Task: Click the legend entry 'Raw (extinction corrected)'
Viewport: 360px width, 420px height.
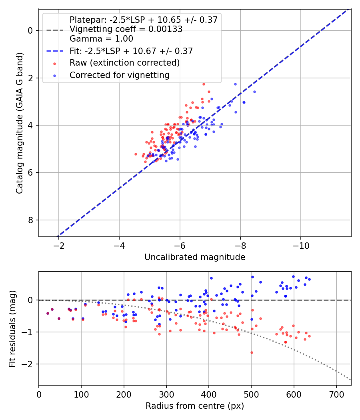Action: (124, 63)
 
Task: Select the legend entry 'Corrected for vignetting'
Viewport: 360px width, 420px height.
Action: (120, 75)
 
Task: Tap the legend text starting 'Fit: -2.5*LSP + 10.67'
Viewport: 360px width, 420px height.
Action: (131, 51)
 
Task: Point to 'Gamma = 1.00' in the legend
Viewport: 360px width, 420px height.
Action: (101, 39)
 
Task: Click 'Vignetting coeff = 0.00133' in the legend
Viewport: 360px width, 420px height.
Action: (126, 29)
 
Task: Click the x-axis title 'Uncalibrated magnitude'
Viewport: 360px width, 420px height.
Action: (195, 257)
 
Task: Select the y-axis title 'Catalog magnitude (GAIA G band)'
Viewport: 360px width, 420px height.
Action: (20, 123)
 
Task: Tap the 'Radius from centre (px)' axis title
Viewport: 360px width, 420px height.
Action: (195, 406)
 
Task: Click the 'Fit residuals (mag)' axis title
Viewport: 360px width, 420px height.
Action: (12, 328)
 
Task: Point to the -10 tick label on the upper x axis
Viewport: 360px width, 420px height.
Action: (301, 246)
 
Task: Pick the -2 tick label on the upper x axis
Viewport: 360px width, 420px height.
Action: (59, 246)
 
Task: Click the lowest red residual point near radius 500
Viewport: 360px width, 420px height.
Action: (252, 352)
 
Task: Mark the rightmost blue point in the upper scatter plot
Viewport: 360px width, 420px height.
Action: (254, 92)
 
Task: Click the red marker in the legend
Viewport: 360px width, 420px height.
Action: (54, 63)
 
